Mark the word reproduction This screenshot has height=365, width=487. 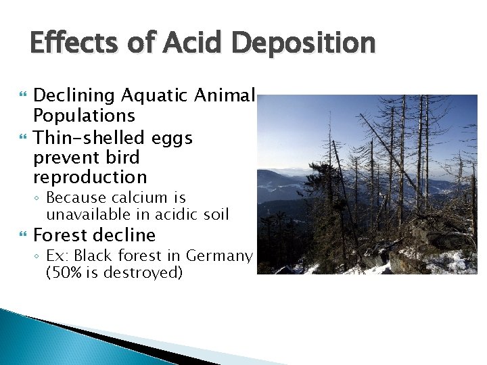point(90,178)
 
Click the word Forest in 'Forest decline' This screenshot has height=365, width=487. point(62,235)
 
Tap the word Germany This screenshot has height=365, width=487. point(221,257)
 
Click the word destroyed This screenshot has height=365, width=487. point(144,273)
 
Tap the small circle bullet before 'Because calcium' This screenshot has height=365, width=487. point(39,199)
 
